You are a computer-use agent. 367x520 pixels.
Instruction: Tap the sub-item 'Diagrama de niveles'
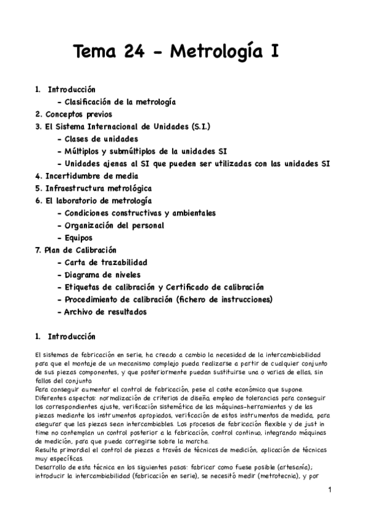102,275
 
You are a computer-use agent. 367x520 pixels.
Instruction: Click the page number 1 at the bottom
329,490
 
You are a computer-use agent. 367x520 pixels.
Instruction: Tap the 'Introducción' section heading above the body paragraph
72,337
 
